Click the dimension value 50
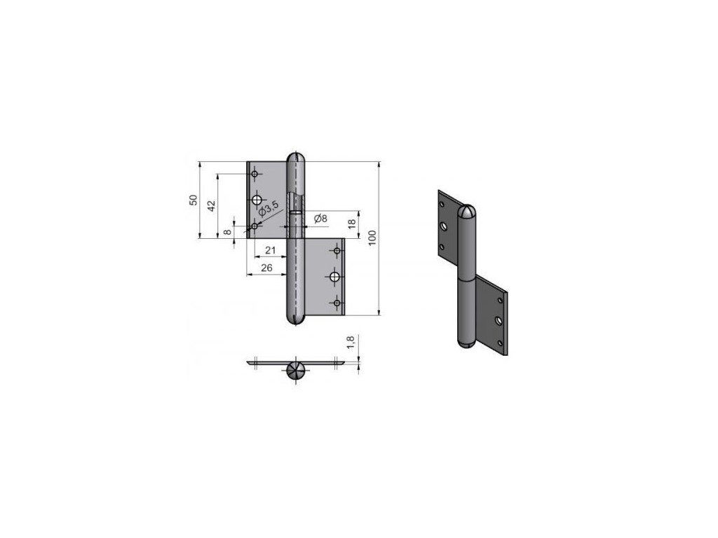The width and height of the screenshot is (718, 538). (x=194, y=200)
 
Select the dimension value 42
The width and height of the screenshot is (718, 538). (x=211, y=206)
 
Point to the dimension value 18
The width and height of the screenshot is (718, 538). (x=352, y=224)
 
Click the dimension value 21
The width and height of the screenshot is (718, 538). (x=271, y=250)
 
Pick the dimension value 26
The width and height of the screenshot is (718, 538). (x=266, y=268)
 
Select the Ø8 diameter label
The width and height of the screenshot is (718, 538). (x=320, y=219)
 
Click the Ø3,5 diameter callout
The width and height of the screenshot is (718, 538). (x=269, y=209)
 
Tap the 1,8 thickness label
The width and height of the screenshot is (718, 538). (x=351, y=342)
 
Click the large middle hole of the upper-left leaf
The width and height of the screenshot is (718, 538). (x=257, y=200)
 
